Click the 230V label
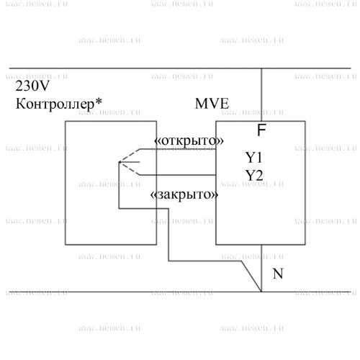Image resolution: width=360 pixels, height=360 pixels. pos(32,86)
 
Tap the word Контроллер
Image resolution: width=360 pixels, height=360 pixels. pos(55,104)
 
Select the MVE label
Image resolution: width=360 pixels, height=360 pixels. pos(212,104)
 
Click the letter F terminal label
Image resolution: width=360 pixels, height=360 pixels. pos(261,130)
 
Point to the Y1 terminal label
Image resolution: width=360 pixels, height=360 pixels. pos(253,158)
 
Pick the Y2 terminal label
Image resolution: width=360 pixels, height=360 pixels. pos(254,176)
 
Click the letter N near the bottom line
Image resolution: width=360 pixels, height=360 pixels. pos(278,274)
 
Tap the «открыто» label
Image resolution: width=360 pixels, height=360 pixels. pos(189,140)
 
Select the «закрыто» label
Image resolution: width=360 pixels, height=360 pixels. pos(184,194)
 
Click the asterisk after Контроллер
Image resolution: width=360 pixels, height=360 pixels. pos(98,102)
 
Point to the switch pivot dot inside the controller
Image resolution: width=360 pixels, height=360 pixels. pos(120,162)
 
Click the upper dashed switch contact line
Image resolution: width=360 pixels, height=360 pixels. pos(130,156)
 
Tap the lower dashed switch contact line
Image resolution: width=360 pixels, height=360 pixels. pos(130,168)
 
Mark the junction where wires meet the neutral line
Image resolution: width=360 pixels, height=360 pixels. pos(261,292)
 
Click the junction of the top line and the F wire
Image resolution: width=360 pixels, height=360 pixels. pos(261,68)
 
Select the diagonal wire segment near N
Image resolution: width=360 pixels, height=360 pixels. pos(251,276)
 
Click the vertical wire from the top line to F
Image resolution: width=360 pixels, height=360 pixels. pos(261,95)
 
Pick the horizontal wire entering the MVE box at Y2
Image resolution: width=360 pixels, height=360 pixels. pos(178,175)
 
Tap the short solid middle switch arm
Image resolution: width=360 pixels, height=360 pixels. pos(130,162)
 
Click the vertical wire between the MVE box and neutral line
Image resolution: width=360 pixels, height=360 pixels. pos(261,269)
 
